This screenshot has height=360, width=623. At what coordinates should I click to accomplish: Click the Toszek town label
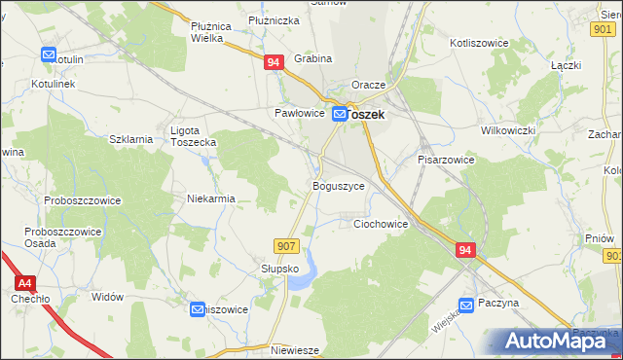pyautogui.click(x=367, y=114)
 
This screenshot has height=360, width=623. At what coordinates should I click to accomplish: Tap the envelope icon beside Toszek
pyautogui.click(x=340, y=115)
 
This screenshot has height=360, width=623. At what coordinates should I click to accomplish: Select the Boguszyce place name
pyautogui.click(x=338, y=185)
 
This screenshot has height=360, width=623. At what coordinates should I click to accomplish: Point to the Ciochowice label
pyautogui.click(x=380, y=223)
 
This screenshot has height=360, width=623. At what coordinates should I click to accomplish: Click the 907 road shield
pyautogui.click(x=285, y=247)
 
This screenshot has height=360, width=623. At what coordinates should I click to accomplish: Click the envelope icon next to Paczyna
pyautogui.click(x=467, y=305)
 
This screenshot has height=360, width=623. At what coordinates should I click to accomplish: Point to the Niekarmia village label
pyautogui.click(x=211, y=198)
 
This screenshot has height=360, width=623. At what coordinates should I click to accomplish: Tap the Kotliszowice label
pyautogui.click(x=481, y=44)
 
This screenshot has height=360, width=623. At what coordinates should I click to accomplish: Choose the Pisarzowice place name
pyautogui.click(x=446, y=159)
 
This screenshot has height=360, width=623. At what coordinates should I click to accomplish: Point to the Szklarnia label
pyautogui.click(x=131, y=139)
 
